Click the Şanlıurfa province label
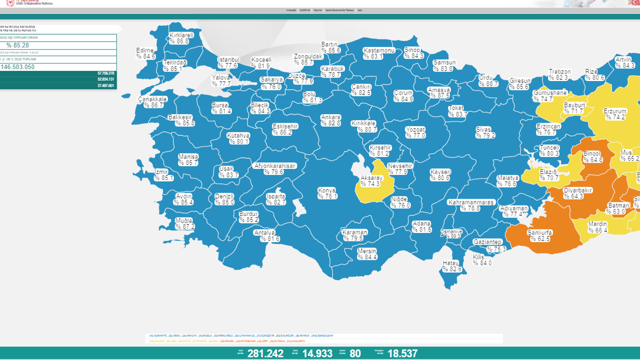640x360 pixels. (539, 232)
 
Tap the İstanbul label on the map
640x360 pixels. (228, 59)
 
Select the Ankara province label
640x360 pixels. (330, 117)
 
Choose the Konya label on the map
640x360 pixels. (327, 190)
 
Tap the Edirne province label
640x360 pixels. (145, 50)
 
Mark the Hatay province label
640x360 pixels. (451, 263)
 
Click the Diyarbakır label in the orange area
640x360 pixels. (577, 190)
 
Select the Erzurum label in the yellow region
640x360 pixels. (614, 111)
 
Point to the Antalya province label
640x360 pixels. (264, 232)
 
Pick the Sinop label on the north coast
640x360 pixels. (412, 49)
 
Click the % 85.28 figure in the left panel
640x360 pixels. (18, 45)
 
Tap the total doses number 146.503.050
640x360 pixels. (18, 67)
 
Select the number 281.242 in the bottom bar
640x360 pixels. (265, 353)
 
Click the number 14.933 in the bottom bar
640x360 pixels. (317, 353)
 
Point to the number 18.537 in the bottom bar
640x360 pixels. (402, 353)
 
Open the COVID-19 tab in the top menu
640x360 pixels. (304, 10)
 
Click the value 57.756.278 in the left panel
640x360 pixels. (106, 73)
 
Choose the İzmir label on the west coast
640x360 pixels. (161, 171)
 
